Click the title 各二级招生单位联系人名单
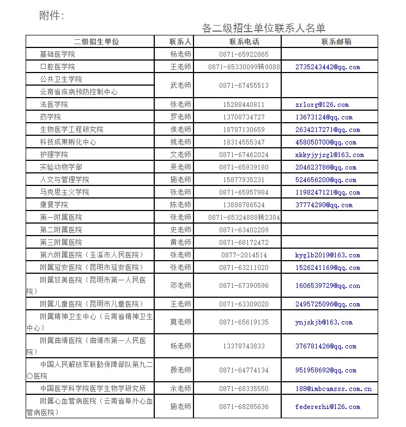point(263,28)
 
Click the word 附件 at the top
point(51,15)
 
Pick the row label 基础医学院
point(57,55)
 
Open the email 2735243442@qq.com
point(328,67)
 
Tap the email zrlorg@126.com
point(322,105)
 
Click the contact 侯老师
point(180,130)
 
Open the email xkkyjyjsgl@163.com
point(329,155)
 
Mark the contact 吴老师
point(180,167)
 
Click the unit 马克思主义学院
point(64,193)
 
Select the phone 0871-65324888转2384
point(244,218)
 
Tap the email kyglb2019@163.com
point(328,255)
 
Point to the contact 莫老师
point(180,322)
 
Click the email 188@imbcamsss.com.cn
point(333,389)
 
